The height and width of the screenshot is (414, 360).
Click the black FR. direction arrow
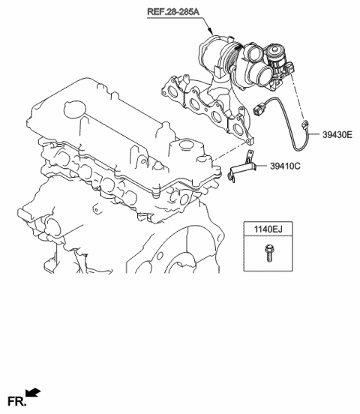tap(33, 392)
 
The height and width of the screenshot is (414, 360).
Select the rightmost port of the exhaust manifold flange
tap(238, 125)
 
